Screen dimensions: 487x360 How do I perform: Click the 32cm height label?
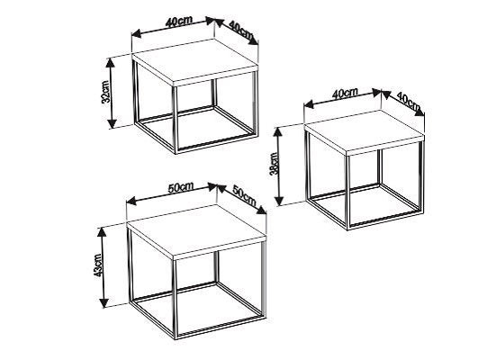pos(105,92)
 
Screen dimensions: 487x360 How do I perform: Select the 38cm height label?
pos(275,164)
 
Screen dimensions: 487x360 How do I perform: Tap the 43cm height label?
pos(97,265)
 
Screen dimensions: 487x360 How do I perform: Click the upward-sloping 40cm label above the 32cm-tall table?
pos(179,22)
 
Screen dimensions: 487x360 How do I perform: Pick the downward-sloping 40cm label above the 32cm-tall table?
pos(240,30)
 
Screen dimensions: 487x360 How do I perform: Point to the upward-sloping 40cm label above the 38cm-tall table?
pos(345,94)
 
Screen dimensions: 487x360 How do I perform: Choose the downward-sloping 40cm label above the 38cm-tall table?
pos(409,102)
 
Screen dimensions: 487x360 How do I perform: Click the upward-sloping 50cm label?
pos(181,188)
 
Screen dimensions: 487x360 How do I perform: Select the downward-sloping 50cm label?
pos(245,195)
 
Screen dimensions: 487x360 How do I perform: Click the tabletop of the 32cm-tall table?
pos(195,63)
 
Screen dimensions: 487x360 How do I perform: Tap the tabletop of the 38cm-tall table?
pos(365,133)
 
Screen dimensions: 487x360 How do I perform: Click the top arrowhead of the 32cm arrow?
pos(111,63)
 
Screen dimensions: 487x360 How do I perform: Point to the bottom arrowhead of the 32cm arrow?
pos(113,123)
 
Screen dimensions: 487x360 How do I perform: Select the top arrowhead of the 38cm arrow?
pos(278,132)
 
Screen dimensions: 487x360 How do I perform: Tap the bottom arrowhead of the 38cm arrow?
pos(280,200)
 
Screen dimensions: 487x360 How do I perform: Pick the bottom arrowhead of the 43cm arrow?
pos(104,302)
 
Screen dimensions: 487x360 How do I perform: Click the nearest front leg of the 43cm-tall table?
pos(175,299)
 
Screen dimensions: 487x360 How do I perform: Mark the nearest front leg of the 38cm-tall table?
pos(348,193)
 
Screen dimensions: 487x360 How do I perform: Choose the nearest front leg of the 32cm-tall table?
pos(176,120)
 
